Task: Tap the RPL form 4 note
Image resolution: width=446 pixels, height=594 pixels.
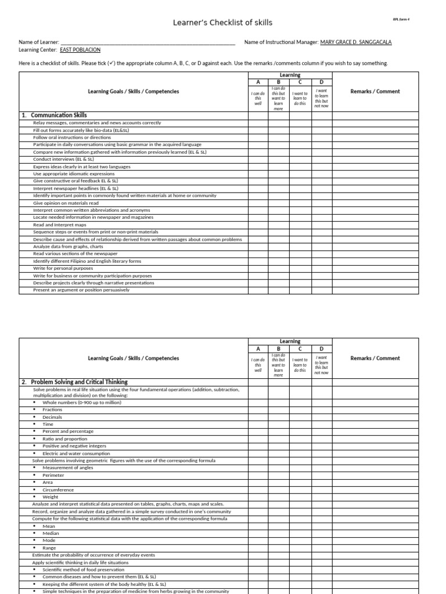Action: pyautogui.click(x=401, y=19)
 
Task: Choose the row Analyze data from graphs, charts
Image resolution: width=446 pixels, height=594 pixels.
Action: pyautogui.click(x=68, y=247)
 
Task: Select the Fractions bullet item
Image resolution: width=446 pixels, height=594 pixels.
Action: pyautogui.click(x=52, y=410)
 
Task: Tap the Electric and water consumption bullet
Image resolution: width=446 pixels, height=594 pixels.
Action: pyautogui.click(x=68, y=453)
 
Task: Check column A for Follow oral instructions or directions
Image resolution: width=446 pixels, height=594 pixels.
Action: pyautogui.click(x=258, y=137)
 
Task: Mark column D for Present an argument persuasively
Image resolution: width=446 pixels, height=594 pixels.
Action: pyautogui.click(x=322, y=290)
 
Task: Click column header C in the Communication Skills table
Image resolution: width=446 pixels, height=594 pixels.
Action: pyautogui.click(x=300, y=82)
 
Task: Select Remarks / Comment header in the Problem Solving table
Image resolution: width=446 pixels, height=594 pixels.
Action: pyautogui.click(x=375, y=358)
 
